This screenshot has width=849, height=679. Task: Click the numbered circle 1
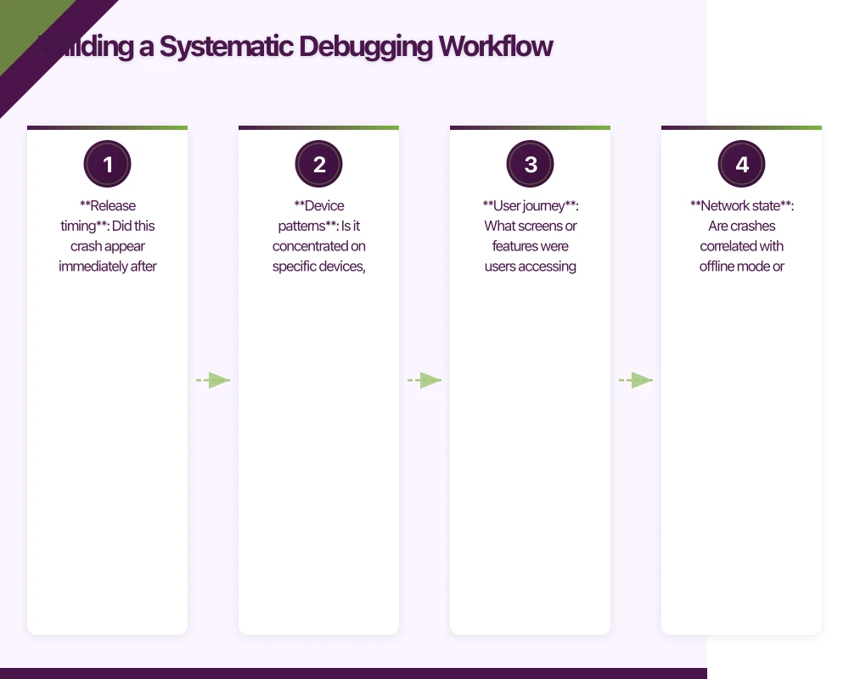107,165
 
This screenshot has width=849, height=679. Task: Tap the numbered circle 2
318,165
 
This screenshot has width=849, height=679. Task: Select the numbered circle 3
531,165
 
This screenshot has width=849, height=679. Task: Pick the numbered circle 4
742,165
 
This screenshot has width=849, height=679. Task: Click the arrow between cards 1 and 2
213,380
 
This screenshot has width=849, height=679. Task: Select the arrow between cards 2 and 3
424,380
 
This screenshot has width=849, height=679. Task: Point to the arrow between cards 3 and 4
636,380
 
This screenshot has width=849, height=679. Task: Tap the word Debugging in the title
363,46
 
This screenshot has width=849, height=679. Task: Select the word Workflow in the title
496,46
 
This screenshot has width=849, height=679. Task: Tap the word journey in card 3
543,205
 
